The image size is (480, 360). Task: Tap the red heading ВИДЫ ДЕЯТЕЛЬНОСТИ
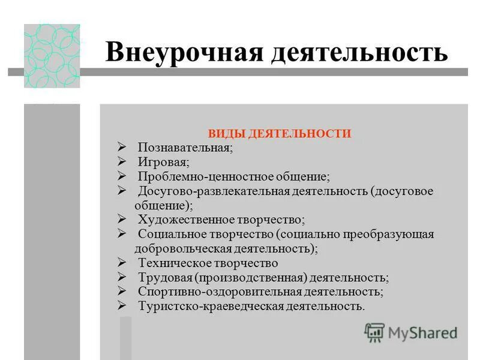(279, 134)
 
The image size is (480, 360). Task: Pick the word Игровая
(164, 162)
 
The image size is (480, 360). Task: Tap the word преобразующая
(393, 234)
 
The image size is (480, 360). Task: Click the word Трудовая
(164, 278)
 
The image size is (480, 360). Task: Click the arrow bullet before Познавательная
(122, 147)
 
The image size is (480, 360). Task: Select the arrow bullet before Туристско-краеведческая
(122, 306)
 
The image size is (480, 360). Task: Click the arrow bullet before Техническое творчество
(122, 262)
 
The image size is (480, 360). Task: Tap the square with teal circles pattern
(52, 56)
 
